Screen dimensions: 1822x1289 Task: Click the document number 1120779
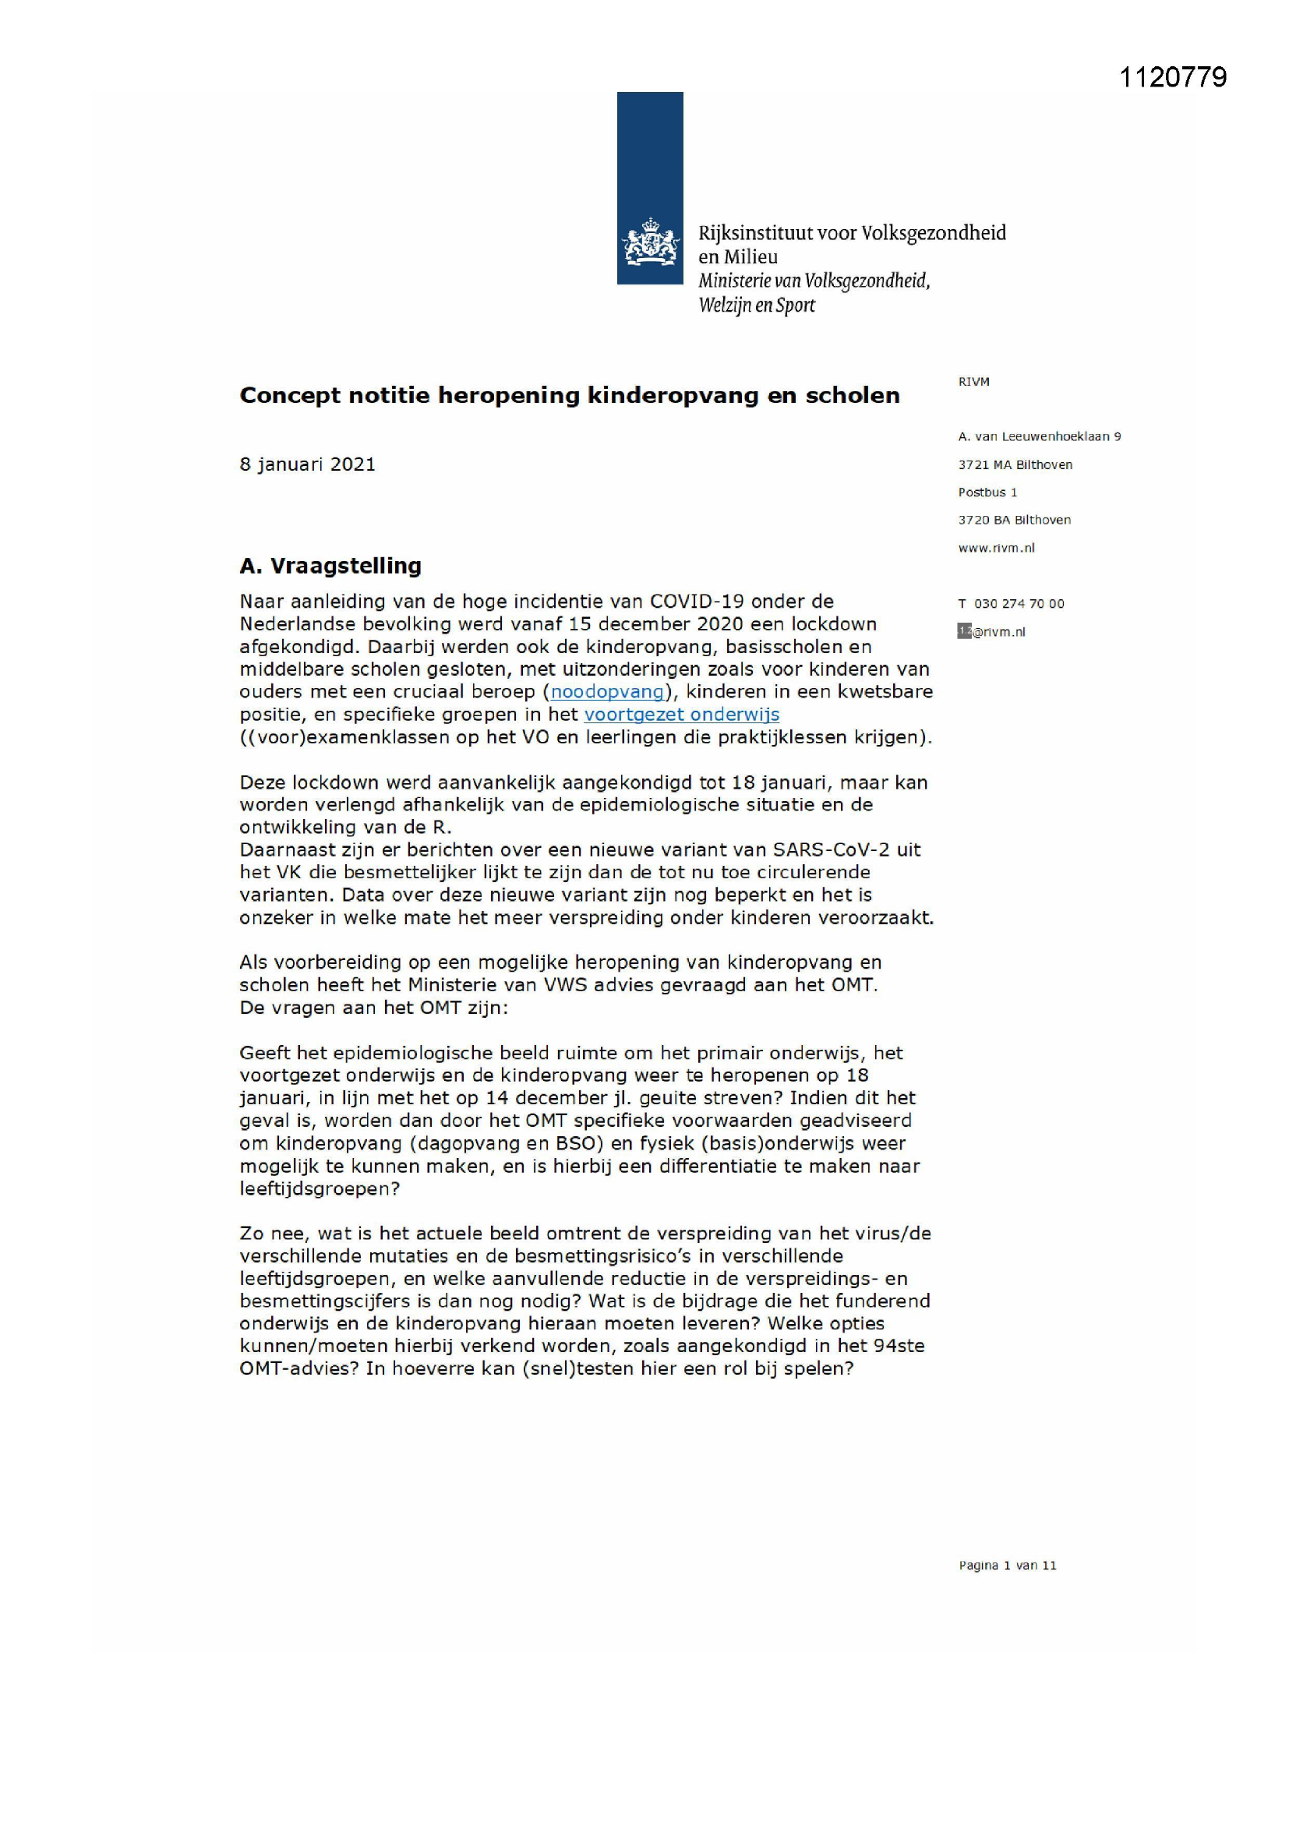coord(1172,77)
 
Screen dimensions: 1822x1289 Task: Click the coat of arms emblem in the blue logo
coord(650,243)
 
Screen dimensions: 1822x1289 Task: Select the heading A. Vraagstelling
coord(330,566)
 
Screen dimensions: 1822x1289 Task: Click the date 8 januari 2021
coord(307,464)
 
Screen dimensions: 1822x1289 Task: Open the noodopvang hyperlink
coord(607,691)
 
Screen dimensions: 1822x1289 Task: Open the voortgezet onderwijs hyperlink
coord(681,714)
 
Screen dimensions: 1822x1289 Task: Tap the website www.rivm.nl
coord(996,548)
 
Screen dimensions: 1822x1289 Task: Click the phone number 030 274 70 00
coord(1019,604)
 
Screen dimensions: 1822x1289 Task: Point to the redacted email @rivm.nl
coord(992,632)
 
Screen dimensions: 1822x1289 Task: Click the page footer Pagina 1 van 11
coord(1007,1566)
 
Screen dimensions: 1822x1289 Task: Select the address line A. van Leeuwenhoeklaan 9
coord(1039,436)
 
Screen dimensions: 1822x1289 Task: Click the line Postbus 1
coord(987,492)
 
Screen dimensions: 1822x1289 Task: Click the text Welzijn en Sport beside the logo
coord(757,305)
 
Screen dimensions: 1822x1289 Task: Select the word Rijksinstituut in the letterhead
coord(756,233)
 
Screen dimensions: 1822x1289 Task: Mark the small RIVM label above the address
coord(973,382)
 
